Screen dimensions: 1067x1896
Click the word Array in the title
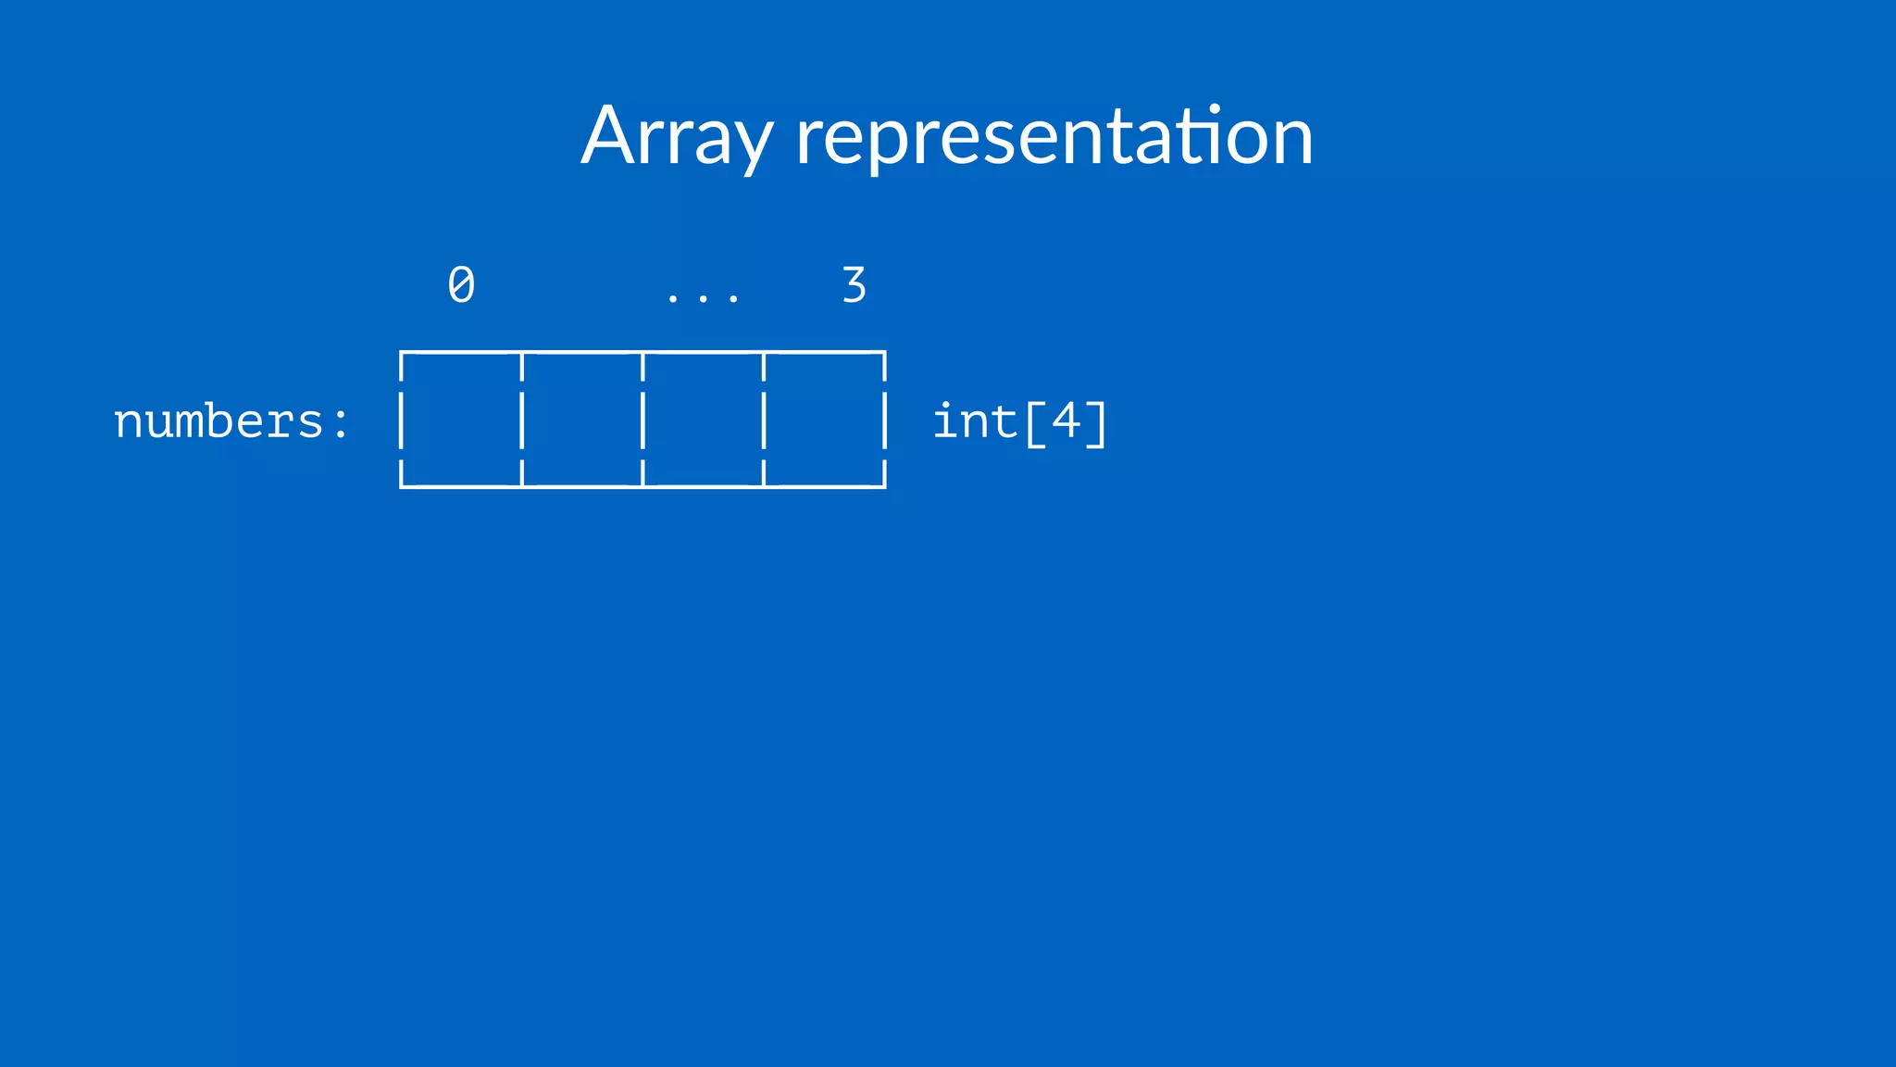(x=676, y=137)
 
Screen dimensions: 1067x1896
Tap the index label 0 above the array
(x=461, y=285)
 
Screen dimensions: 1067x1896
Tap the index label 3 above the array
(x=854, y=285)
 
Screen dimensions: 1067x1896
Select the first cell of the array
(x=461, y=420)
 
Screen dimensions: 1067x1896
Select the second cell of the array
(x=582, y=420)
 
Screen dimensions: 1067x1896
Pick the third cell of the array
(x=704, y=420)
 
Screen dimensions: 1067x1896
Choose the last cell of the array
(x=824, y=420)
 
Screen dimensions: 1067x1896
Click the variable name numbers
(x=218, y=422)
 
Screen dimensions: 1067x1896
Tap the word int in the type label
(x=975, y=422)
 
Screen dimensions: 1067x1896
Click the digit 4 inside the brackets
(x=1066, y=421)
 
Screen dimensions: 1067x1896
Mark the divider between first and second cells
(x=522, y=420)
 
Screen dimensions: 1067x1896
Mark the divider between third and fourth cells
(x=764, y=420)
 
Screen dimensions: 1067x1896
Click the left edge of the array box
(x=401, y=420)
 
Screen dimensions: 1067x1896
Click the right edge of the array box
(x=885, y=420)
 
